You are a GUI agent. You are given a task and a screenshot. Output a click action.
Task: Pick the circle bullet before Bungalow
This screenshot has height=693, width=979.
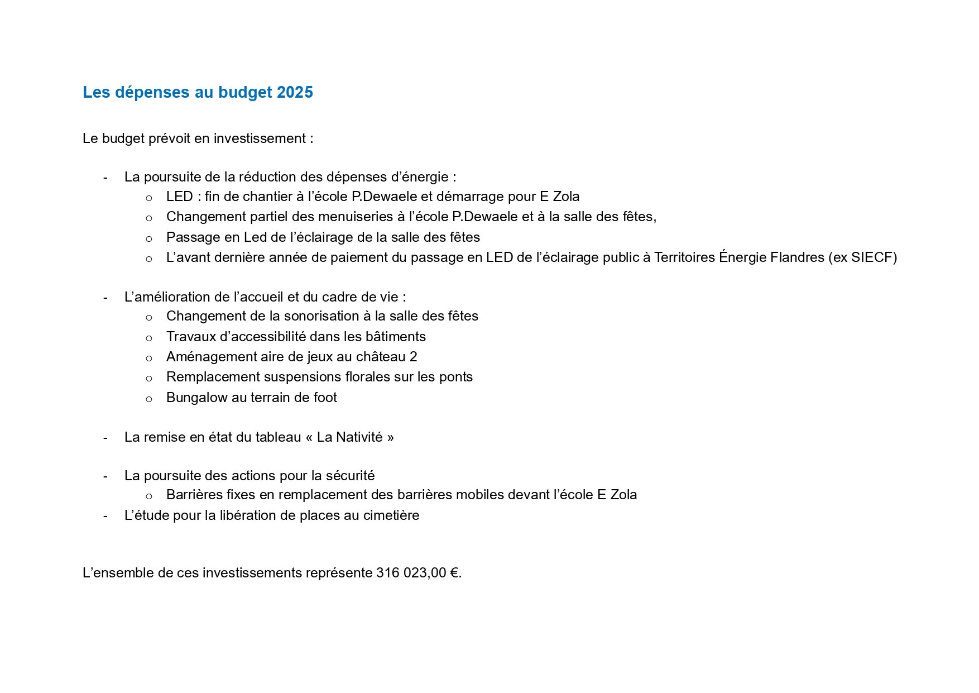(149, 399)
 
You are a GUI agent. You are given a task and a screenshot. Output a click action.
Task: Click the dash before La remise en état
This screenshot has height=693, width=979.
(105, 437)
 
